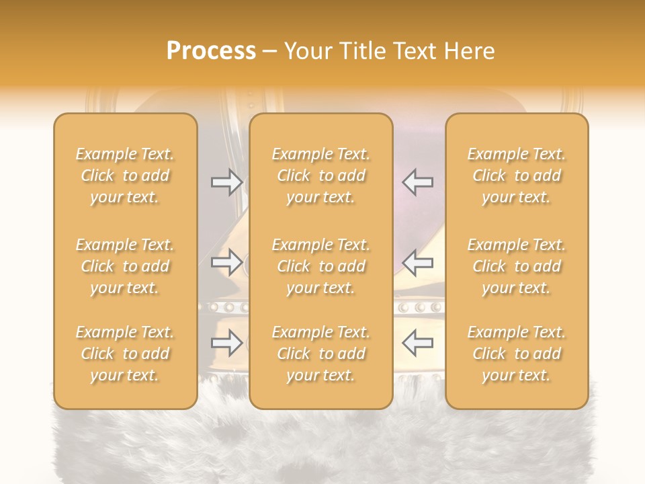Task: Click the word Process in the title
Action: point(211,51)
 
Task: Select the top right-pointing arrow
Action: point(226,182)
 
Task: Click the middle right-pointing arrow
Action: point(226,261)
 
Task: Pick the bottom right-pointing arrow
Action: point(226,343)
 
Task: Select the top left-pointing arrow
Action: point(418,182)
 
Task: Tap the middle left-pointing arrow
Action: point(418,261)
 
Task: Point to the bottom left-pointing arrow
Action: point(418,343)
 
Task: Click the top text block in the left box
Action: point(125,175)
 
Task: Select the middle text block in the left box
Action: point(125,266)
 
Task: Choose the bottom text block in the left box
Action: point(125,354)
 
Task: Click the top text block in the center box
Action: point(321,175)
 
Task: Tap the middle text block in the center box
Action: point(321,266)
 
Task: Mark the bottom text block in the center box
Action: point(321,354)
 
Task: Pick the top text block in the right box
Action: point(517,175)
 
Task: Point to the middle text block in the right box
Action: point(517,266)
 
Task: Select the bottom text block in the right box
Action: point(517,354)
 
